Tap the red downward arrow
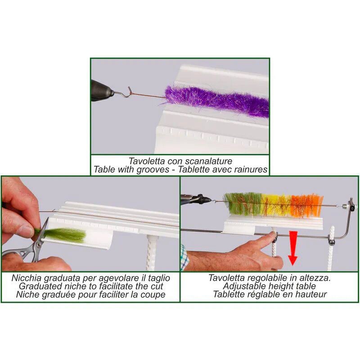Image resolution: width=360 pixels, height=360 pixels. (293, 248)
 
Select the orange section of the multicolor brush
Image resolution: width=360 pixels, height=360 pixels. (306, 206)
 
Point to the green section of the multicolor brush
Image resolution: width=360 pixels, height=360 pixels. (243, 204)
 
